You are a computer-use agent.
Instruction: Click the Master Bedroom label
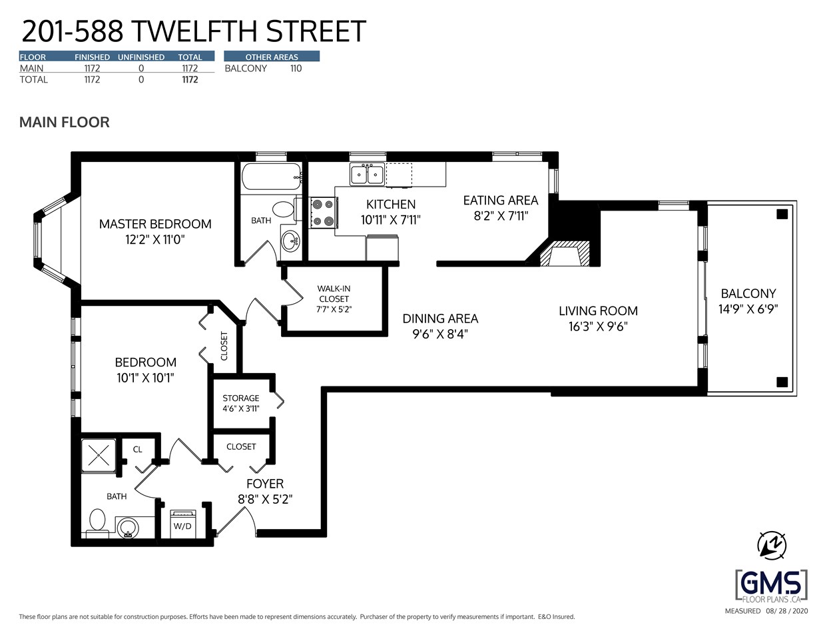[x=155, y=225]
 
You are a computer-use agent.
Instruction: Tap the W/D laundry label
[x=182, y=526]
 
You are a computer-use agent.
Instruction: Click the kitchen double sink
[x=367, y=175]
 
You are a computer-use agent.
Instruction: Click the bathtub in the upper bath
[x=270, y=178]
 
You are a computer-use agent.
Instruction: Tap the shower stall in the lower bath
[x=99, y=456]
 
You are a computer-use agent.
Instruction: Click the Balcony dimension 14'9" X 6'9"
[x=748, y=309]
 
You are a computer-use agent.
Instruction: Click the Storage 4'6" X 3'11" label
[x=241, y=403]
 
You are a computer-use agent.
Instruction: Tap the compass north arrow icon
[x=772, y=545]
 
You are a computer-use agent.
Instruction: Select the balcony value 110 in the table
[x=296, y=69]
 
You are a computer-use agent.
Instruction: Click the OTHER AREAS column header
[x=272, y=57]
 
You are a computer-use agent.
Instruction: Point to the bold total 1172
[x=190, y=80]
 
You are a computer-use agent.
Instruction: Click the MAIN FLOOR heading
[x=65, y=123]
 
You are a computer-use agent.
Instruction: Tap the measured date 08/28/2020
[x=786, y=611]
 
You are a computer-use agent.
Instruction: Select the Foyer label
[x=265, y=484]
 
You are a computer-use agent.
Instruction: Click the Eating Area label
[x=501, y=201]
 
